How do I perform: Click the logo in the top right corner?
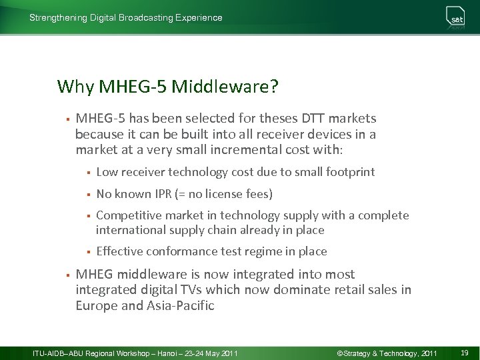tap(456, 19)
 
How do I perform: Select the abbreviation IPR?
tap(164, 194)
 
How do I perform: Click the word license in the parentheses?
tap(224, 194)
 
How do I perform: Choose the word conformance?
tap(179, 251)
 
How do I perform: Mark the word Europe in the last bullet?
tap(97, 306)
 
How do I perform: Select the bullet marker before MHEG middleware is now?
tap(67, 275)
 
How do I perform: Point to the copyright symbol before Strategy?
tap(340, 352)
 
